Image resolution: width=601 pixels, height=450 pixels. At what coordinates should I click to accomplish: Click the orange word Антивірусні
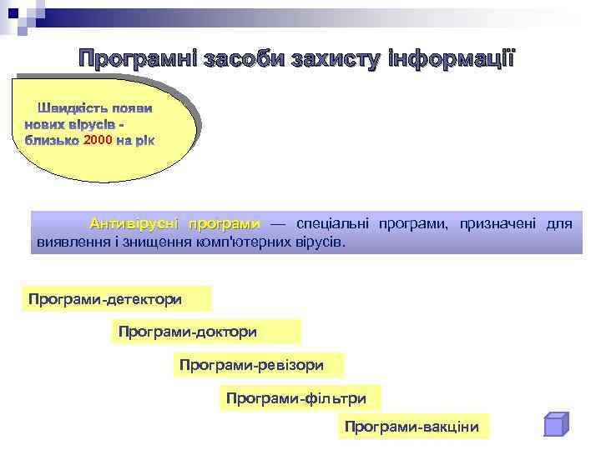[x=136, y=224]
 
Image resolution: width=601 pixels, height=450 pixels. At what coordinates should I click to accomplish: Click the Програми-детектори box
[x=117, y=298]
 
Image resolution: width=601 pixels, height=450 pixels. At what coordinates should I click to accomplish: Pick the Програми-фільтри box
[x=300, y=397]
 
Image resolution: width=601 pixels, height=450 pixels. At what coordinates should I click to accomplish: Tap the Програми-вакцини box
[x=413, y=427]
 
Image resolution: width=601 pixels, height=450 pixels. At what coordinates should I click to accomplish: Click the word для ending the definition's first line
[x=558, y=224]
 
